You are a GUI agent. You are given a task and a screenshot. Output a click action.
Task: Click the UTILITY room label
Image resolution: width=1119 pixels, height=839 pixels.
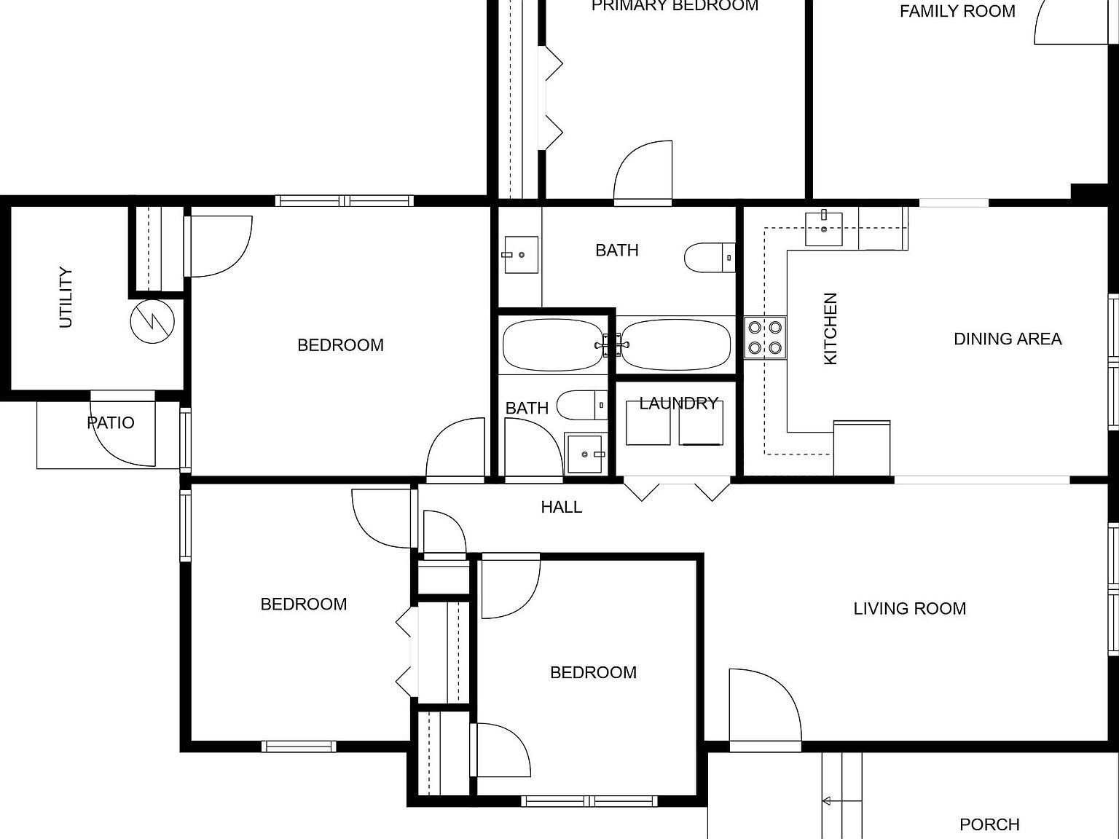pyautogui.click(x=66, y=298)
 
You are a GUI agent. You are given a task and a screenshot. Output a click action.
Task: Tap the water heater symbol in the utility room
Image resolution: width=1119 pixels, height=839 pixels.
pyautogui.click(x=152, y=320)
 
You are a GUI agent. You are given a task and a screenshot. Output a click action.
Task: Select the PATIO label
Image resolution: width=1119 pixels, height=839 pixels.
pyautogui.click(x=111, y=422)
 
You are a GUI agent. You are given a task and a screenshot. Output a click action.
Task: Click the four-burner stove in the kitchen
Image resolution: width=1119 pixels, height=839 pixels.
pyautogui.click(x=765, y=338)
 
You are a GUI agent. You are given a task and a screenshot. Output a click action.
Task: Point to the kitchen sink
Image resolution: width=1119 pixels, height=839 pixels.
pyautogui.click(x=824, y=229)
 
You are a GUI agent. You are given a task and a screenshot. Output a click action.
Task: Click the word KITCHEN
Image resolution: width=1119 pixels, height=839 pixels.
pyautogui.click(x=831, y=328)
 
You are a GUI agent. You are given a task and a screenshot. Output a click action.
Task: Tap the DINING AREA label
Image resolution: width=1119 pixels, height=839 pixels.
pyautogui.click(x=1008, y=339)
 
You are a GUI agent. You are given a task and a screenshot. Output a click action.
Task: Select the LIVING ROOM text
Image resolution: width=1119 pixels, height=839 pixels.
pyautogui.click(x=909, y=608)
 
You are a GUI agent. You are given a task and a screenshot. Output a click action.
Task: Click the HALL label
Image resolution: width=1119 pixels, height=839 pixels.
pyautogui.click(x=561, y=507)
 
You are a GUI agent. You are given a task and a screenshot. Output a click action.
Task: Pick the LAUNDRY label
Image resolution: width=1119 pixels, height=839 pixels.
pyautogui.click(x=678, y=403)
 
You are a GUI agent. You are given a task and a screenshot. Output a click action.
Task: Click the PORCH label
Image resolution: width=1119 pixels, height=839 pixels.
pyautogui.click(x=989, y=824)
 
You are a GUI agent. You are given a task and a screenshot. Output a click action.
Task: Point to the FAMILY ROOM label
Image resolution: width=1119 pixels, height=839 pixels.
pyautogui.click(x=957, y=12)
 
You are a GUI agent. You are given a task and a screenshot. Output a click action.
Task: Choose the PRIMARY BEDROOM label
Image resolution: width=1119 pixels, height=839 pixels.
pyautogui.click(x=675, y=7)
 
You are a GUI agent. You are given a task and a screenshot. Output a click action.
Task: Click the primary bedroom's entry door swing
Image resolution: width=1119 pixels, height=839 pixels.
pyautogui.click(x=643, y=171)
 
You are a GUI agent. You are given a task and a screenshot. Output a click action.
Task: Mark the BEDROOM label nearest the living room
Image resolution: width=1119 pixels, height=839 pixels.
pyautogui.click(x=593, y=672)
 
